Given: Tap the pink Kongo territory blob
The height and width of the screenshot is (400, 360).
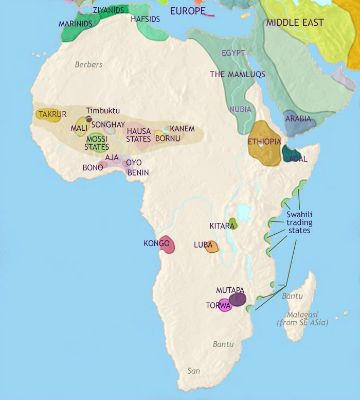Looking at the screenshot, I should (x=168, y=245).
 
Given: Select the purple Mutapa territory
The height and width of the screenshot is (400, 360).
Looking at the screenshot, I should (x=238, y=299).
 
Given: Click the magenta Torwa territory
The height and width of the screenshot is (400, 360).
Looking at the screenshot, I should (x=224, y=305).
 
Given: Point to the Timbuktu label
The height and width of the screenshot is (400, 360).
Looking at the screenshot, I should (x=103, y=111).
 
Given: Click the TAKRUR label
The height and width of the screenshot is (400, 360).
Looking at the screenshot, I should (x=49, y=114).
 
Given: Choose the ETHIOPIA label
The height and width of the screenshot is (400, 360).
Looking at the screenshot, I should (x=264, y=142).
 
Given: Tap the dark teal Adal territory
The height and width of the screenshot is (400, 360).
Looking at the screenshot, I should (x=290, y=153).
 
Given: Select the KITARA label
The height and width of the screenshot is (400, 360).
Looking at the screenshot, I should (x=222, y=226).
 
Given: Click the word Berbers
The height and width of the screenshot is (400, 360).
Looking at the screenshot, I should (x=88, y=65).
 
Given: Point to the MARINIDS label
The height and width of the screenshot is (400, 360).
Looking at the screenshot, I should (x=76, y=24).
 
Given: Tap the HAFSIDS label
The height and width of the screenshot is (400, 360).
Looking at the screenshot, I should (x=146, y=19).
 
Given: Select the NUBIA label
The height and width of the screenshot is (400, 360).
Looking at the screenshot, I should (x=240, y=109).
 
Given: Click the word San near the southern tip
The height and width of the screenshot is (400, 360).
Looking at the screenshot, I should (x=193, y=371).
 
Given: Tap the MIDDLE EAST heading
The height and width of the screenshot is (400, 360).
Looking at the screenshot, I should (x=295, y=23).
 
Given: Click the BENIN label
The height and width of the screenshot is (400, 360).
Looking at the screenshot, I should (x=137, y=172).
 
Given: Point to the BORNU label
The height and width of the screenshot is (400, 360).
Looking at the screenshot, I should (x=167, y=139).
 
